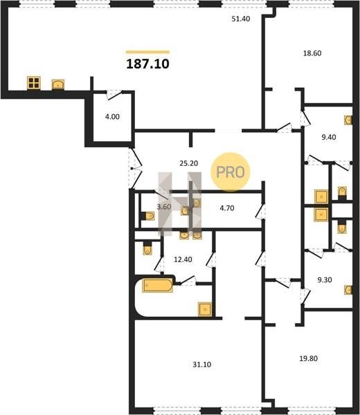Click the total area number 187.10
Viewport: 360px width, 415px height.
(x=147, y=64)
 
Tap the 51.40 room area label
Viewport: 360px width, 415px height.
(x=241, y=19)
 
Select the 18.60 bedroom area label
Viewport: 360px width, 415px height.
(x=312, y=53)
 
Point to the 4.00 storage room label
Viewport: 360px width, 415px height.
(x=112, y=116)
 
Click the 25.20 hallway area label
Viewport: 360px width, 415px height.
(x=188, y=163)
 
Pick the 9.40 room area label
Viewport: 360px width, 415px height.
(x=328, y=137)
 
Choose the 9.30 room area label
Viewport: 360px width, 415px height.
(x=325, y=279)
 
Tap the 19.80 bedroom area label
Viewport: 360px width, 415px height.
(x=308, y=358)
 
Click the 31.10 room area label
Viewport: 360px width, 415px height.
(x=202, y=365)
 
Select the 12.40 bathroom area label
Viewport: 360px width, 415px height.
(x=183, y=259)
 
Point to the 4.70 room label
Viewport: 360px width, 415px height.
(x=227, y=208)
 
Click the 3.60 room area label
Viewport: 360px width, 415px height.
(x=163, y=207)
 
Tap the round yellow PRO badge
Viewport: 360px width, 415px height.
(x=231, y=172)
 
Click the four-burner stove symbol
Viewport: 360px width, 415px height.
(x=34, y=83)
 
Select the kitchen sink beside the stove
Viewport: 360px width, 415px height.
(x=57, y=84)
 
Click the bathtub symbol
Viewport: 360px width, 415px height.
(x=158, y=285)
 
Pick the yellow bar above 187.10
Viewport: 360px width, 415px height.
(x=147, y=52)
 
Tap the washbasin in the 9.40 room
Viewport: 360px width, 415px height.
(x=348, y=120)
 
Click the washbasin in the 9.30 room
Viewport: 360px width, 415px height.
(x=348, y=290)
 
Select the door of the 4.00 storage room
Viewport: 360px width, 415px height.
(x=114, y=95)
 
